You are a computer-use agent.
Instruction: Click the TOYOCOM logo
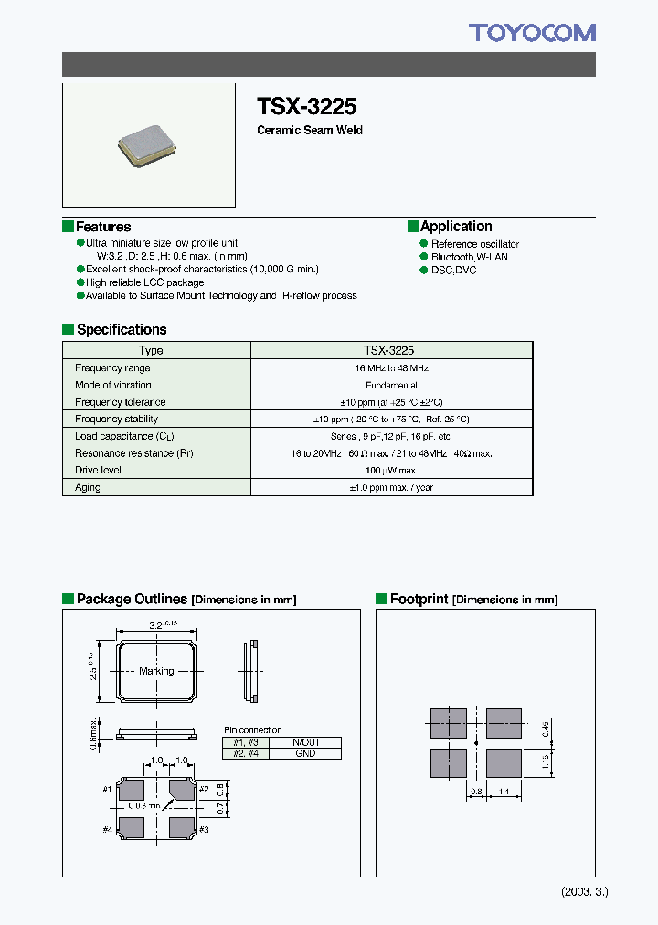click(532, 34)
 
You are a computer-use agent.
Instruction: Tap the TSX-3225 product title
click(306, 105)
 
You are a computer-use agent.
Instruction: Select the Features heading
click(102, 227)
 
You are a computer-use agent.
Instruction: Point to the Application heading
click(455, 226)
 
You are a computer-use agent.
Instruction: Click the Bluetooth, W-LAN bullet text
click(470, 257)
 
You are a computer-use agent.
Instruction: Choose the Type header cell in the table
click(151, 350)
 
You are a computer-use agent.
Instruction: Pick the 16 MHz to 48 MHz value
click(390, 367)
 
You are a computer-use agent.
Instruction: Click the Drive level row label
click(98, 470)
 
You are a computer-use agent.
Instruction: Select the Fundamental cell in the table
click(390, 385)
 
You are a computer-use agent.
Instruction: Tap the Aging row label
click(88, 487)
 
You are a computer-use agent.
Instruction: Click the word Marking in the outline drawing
click(156, 671)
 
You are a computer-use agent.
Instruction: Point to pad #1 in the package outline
click(132, 790)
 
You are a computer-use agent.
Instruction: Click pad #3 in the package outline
click(181, 827)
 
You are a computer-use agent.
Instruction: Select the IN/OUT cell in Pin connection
click(305, 742)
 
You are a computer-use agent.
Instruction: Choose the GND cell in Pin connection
click(305, 753)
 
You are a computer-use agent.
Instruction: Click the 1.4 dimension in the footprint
click(504, 792)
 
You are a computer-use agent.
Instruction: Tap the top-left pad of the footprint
click(448, 721)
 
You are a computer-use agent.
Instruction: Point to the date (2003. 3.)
click(583, 891)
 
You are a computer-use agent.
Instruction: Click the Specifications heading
click(121, 329)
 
